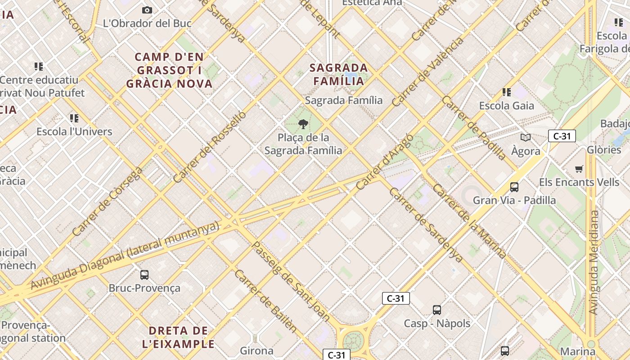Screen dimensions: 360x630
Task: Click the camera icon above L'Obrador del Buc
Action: point(147,10)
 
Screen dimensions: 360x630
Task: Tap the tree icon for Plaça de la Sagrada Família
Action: point(303,124)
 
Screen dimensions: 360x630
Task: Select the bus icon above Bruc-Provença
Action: point(144,274)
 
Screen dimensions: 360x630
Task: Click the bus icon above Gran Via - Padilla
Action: point(514,187)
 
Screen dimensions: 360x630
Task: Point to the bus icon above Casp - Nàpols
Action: point(437,310)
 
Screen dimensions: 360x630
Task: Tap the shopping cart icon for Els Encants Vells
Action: point(579,169)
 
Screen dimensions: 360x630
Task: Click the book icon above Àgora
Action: point(525,138)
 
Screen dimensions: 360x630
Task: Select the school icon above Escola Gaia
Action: point(507,92)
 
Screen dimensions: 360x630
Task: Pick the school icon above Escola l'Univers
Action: point(74,118)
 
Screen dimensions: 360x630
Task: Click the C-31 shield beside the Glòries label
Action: point(562,136)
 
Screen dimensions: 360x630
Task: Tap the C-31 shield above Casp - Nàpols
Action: point(396,298)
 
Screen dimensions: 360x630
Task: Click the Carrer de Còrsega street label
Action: point(107,202)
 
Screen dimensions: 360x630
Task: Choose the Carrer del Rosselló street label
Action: point(210,147)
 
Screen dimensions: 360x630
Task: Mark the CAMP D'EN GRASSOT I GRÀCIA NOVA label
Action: point(169,70)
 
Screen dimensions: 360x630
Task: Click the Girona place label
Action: point(256,351)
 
